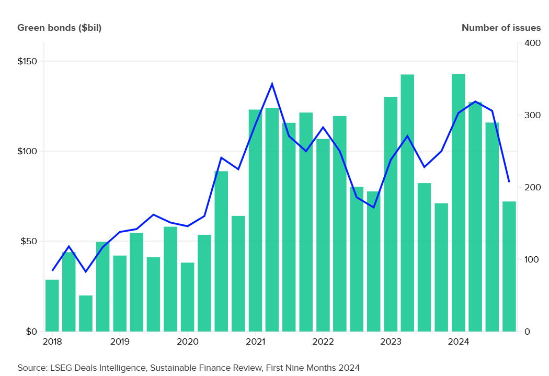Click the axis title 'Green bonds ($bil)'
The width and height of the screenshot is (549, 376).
click(59, 28)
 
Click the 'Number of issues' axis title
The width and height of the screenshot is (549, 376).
click(500, 28)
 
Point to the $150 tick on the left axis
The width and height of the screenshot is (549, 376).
click(27, 61)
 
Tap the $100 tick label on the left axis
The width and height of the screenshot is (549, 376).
click(27, 151)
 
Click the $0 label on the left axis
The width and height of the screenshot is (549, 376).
click(31, 332)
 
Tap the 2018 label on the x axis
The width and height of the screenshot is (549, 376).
click(52, 342)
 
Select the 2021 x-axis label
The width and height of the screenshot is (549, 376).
click(255, 342)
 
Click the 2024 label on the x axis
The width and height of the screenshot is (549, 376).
click(458, 342)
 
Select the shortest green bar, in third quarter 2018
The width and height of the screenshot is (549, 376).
click(86, 313)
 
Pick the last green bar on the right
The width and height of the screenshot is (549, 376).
click(509, 266)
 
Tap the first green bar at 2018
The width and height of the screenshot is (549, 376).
click(52, 305)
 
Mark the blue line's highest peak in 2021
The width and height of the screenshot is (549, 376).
click(272, 84)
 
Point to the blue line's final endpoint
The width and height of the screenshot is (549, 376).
click(509, 182)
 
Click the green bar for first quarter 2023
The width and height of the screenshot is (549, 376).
click(391, 214)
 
